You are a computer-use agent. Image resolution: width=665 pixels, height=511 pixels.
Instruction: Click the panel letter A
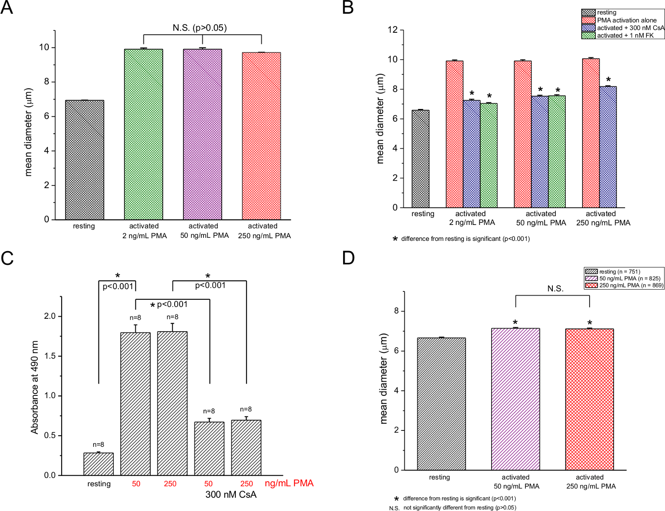pos(7,8)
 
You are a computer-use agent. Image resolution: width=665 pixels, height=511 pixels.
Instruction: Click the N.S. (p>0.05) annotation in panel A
pos(199,28)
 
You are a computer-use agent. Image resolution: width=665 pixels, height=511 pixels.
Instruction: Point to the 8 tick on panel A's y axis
pos(47,82)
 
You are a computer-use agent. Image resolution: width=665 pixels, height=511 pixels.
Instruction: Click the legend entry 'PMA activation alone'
pos(626,20)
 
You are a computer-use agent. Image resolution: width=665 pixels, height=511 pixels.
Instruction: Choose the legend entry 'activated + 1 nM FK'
pos(625,35)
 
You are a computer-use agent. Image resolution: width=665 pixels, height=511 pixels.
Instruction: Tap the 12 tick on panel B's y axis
pos(392,30)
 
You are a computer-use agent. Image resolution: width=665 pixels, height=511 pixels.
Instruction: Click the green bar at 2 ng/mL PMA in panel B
pos(489,155)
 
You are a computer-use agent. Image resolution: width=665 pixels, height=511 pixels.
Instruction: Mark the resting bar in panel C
pos(98,464)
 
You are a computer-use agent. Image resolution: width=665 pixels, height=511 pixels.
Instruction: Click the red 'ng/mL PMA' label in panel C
pos(289,483)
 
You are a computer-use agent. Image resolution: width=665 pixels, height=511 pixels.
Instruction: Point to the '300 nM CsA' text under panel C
pos(231,495)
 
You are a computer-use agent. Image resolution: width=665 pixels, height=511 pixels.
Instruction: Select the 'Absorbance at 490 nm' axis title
pos(35,387)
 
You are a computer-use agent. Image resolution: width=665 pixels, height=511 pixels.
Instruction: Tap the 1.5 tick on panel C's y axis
pos(50,356)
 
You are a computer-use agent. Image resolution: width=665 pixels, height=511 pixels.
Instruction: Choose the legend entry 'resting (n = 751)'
pos(619,271)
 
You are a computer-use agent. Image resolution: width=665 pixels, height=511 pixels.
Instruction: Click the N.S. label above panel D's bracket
pos(555,289)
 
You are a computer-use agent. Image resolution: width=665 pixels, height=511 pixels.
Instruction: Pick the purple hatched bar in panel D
pos(515,399)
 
